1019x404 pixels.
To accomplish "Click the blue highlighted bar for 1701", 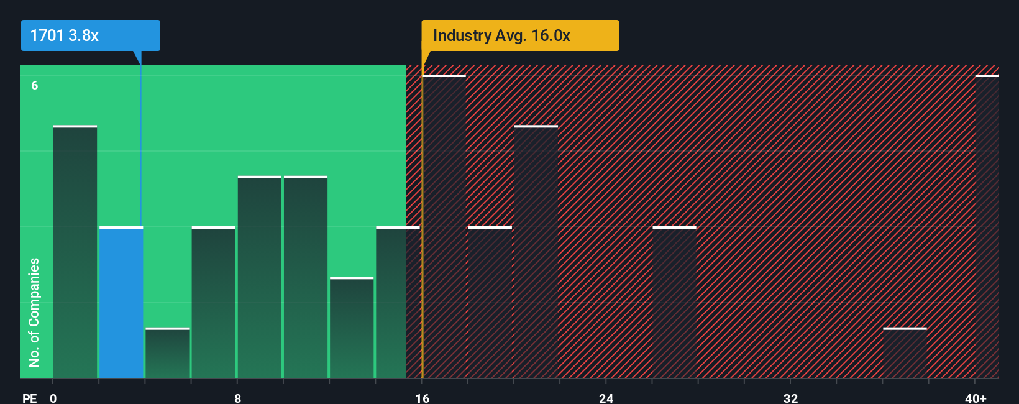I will [121, 303].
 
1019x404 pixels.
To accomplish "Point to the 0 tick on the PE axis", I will [53, 398].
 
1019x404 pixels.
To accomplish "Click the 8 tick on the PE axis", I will [237, 398].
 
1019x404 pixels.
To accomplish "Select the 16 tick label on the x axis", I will [422, 398].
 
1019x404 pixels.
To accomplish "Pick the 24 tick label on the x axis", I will [606, 398].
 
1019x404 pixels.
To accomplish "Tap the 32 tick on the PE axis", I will [790, 398].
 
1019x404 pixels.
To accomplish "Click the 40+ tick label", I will [976, 398].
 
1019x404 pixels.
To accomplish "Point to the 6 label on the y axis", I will [35, 85].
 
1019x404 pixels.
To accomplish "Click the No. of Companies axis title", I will [34, 312].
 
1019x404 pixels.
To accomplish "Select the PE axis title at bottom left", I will [29, 398].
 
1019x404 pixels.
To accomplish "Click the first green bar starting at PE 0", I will [75, 252].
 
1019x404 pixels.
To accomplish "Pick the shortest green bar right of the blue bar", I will [167, 353].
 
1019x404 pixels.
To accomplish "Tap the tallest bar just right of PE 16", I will [444, 227].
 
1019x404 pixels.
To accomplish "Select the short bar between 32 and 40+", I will [905, 353].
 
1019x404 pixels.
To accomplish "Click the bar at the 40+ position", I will [987, 227].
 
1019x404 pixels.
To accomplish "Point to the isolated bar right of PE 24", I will [674, 303].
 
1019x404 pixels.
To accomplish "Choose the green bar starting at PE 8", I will [260, 277].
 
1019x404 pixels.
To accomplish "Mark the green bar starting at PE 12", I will [352, 328].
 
